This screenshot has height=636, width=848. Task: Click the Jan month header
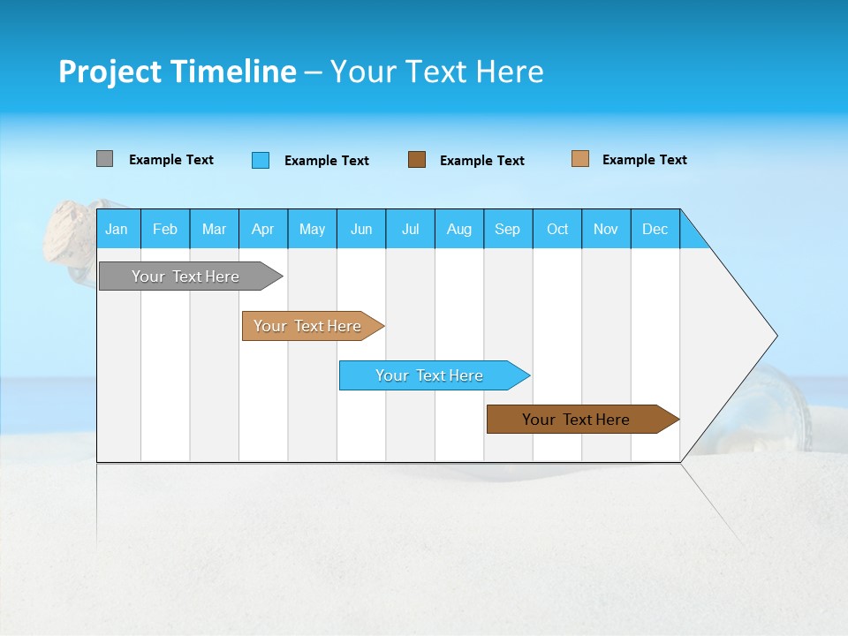(117, 229)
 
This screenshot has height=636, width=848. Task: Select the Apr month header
(262, 229)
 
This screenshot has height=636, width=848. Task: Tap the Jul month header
(410, 229)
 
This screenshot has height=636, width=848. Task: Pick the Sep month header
(507, 229)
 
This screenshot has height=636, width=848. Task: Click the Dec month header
(655, 229)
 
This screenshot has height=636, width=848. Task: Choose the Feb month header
(164, 229)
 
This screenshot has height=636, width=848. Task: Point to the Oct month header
(557, 229)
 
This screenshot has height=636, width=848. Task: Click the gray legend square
(104, 159)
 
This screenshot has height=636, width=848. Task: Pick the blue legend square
(260, 160)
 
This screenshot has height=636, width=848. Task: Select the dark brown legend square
(417, 160)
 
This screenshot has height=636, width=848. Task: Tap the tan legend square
(579, 159)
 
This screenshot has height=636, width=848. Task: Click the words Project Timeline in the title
(177, 72)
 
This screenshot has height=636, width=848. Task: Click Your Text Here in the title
(436, 72)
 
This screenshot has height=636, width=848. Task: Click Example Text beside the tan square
(644, 160)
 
